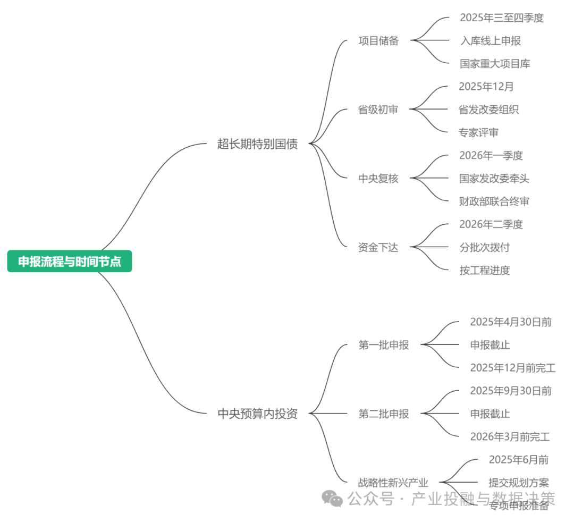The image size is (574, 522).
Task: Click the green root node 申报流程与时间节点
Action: pos(70,262)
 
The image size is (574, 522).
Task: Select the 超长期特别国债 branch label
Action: pos(257,144)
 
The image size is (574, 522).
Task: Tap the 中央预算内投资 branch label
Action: pos(257,414)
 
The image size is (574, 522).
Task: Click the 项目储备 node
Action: pos(378,41)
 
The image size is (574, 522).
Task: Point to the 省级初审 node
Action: pos(378,110)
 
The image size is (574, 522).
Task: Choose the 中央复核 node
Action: pos(378,179)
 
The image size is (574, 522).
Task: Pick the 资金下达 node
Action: pos(378,247)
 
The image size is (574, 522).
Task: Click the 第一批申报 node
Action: pos(384,345)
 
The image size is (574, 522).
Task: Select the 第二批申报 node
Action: pos(384,414)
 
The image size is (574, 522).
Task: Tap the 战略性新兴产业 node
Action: pos(393,483)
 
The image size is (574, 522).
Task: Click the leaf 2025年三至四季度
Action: pos(502,18)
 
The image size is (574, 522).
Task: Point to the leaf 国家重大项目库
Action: pos(495,64)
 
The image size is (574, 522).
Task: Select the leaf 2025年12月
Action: pos(486,87)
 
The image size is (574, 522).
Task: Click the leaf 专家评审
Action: pos(479,132)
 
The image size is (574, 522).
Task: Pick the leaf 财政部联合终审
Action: pos(494,201)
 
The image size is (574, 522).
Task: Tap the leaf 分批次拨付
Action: pos(485,247)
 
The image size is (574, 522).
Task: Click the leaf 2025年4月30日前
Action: pos(511,322)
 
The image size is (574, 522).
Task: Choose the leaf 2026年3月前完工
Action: pos(510,437)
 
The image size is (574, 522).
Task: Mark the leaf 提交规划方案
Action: pos(519,483)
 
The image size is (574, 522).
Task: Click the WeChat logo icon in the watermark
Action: pos(333,499)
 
